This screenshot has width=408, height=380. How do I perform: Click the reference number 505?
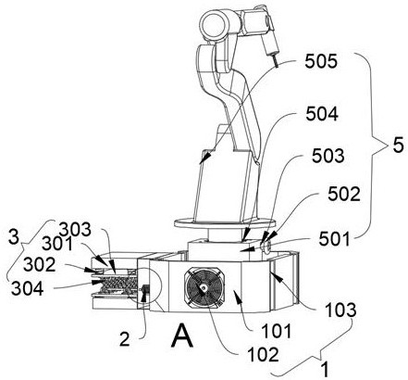tap(321, 61)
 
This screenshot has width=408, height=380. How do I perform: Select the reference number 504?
tap(322, 114)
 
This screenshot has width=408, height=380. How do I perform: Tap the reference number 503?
tap(328, 156)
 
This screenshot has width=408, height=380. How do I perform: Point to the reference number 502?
tap(344, 195)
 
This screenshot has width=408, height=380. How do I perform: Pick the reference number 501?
tap(334, 239)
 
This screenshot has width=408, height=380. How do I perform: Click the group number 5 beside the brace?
tap(398, 145)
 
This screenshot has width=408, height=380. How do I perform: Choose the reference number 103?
tap(340, 310)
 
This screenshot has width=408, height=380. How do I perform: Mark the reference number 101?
tap(277, 331)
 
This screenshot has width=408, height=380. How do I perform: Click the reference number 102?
tap(263, 354)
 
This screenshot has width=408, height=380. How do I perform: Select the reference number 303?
tap(75, 230)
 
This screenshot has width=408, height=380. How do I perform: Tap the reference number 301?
tap(57, 244)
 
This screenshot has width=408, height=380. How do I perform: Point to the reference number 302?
tap(40, 265)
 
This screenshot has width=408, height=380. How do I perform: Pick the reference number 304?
tap(27, 288)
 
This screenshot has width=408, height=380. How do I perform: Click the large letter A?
tap(182, 337)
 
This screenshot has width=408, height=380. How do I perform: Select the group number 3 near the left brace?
tap(14, 237)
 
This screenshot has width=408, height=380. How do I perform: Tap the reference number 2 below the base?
tap(124, 339)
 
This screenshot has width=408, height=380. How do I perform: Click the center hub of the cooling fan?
tap(204, 288)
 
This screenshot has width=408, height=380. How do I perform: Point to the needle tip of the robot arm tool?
tap(278, 67)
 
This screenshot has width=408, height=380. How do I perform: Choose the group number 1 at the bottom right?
tap(324, 371)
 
